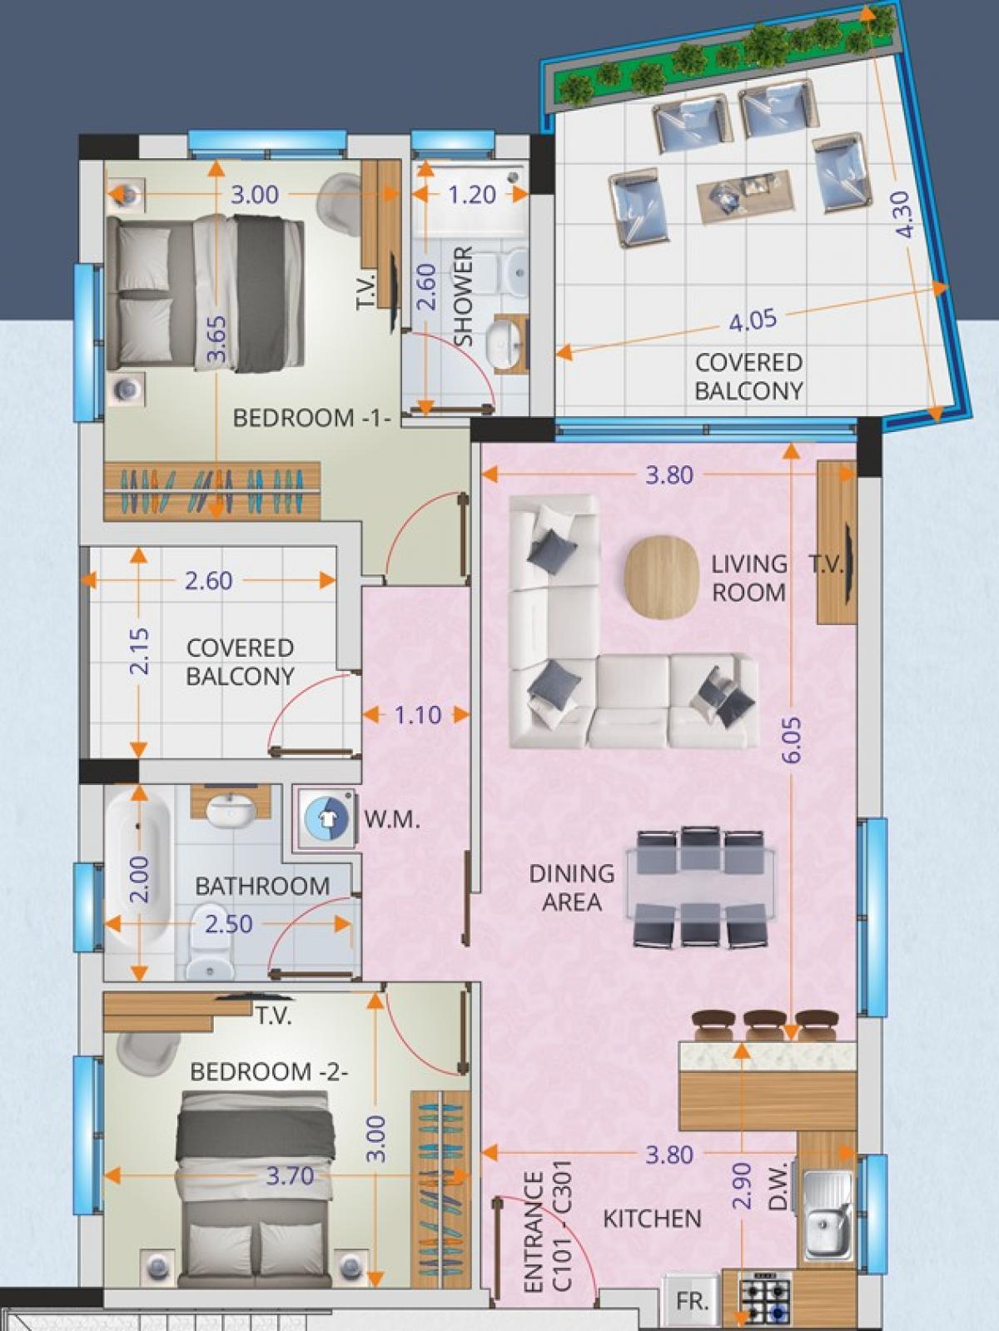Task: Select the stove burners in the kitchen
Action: click(764, 1303)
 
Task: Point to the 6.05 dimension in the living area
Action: click(794, 740)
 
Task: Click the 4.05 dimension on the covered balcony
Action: click(753, 320)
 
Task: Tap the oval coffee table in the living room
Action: click(658, 578)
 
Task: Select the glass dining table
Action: click(700, 889)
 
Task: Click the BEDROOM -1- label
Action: click(311, 418)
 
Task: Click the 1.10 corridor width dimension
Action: click(418, 715)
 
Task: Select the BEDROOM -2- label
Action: click(270, 1071)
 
